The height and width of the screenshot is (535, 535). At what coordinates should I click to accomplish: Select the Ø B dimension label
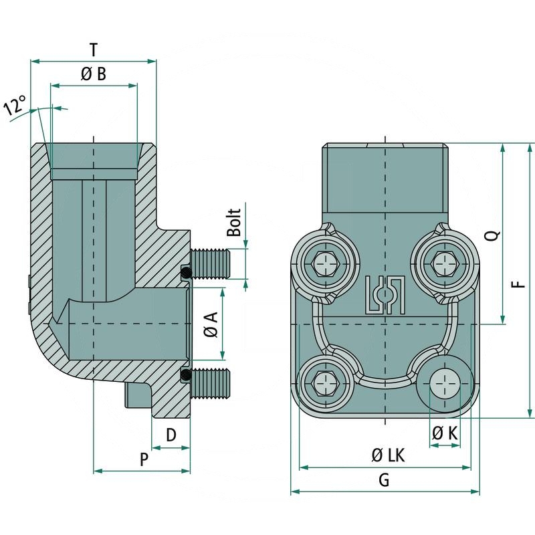click(x=94, y=74)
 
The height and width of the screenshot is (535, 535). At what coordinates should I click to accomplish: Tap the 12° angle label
click(x=15, y=106)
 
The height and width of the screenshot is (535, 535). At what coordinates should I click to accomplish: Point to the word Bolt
click(x=233, y=223)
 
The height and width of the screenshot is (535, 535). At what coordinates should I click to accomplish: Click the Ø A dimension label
click(x=211, y=324)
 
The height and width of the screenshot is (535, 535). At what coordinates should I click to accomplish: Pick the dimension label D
click(x=171, y=435)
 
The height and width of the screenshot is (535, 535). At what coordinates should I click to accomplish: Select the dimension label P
click(x=143, y=459)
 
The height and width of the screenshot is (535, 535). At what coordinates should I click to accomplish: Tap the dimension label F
click(x=518, y=284)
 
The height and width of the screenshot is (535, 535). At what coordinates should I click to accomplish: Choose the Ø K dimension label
click(x=445, y=433)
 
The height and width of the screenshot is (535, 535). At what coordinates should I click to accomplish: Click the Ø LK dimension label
click(x=388, y=455)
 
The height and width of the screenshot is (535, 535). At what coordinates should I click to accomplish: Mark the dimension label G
click(x=384, y=480)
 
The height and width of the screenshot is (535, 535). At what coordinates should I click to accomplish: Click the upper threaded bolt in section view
click(x=210, y=263)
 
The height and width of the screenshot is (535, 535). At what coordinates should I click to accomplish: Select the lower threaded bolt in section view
click(x=210, y=383)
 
